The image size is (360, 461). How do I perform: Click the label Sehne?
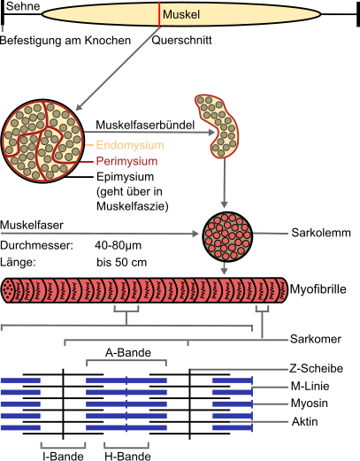[x=23, y=6]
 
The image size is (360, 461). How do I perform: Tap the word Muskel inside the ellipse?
[x=181, y=14]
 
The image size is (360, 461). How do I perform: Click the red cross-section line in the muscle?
[x=159, y=14]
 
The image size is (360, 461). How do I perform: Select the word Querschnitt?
[x=181, y=40]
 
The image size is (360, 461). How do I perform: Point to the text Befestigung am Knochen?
[x=65, y=41]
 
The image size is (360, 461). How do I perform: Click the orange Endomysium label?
[x=130, y=145]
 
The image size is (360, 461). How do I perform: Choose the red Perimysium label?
[x=126, y=161]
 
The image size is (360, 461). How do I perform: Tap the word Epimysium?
[x=126, y=177]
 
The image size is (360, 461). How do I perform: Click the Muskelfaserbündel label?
[x=145, y=125]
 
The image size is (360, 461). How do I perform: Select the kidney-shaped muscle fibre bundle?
[x=221, y=127]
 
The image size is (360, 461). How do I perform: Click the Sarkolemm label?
[x=321, y=233]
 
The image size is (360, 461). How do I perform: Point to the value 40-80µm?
[x=118, y=245]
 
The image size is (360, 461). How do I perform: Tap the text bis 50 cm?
[x=121, y=262]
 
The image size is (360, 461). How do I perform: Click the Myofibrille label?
[x=318, y=289]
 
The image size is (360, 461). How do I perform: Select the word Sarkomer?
[x=316, y=339]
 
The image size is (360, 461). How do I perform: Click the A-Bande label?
[x=128, y=352]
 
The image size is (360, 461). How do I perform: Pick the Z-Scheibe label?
[x=316, y=368]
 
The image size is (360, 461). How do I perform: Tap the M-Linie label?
[x=310, y=386]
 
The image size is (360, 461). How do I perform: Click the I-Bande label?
[x=63, y=456]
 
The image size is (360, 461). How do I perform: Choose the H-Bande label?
[x=127, y=456]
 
